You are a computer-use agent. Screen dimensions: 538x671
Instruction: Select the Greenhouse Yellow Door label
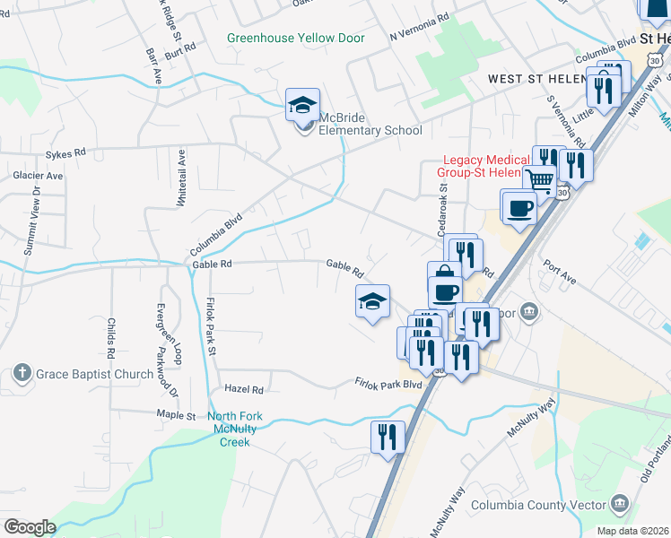296,39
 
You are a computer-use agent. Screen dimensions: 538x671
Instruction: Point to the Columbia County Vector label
540,506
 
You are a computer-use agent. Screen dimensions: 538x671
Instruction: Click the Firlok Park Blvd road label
388,384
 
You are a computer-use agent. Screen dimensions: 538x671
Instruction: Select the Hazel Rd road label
245,390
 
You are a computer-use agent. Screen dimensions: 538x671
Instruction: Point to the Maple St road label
176,416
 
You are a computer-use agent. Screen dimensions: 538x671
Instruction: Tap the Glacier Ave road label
38,177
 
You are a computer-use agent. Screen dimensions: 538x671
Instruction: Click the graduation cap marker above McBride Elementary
303,104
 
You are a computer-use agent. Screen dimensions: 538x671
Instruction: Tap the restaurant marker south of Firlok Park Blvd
387,437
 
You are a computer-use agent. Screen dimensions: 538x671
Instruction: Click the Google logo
30,527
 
